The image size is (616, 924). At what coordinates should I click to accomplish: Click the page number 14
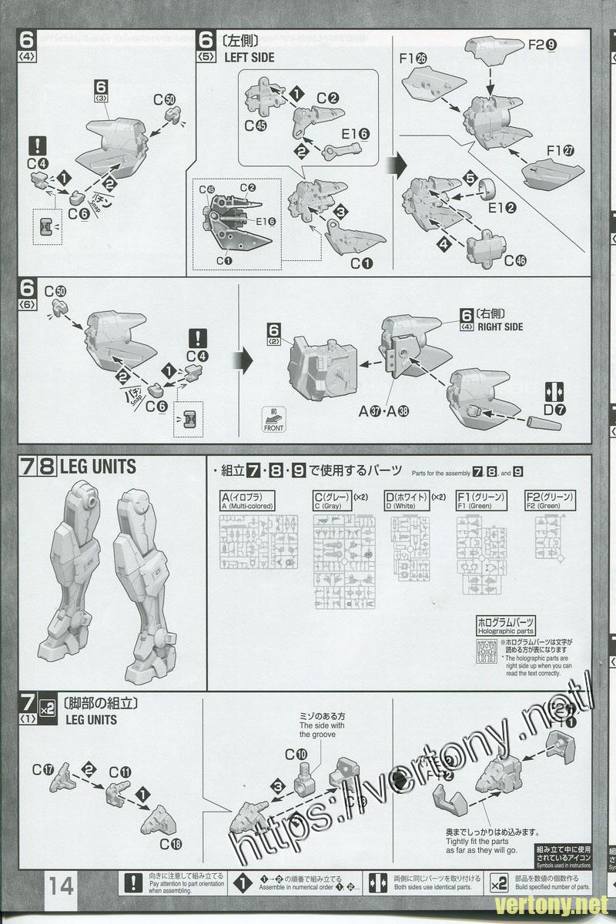click(x=61, y=886)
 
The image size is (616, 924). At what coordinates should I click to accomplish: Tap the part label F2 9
click(x=543, y=45)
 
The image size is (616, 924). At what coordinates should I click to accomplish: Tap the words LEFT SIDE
click(x=249, y=57)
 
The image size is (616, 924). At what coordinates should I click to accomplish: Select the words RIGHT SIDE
click(x=500, y=326)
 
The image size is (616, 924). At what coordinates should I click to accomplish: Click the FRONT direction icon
click(x=273, y=420)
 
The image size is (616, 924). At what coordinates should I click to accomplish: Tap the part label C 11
click(x=120, y=772)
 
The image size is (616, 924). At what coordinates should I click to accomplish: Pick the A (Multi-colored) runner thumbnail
click(x=247, y=542)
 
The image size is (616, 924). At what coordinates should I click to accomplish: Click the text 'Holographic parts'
click(x=504, y=631)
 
